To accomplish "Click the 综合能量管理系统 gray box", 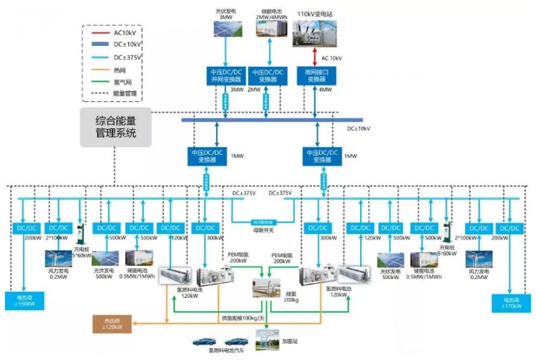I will (x=116, y=128).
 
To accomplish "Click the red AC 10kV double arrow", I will (x=315, y=57).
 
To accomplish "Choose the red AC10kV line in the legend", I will (x=98, y=33).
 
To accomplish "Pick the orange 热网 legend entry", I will (x=98, y=68).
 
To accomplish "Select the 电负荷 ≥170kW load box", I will (x=510, y=300).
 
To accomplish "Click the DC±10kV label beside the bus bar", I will (x=359, y=128).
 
